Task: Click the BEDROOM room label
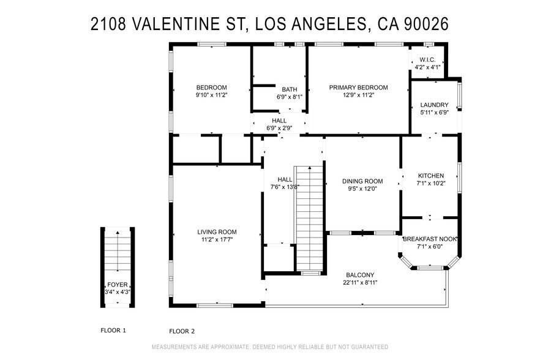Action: pyautogui.click(x=211, y=87)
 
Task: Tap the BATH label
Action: pyautogui.click(x=290, y=89)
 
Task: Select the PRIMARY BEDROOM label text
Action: pyautogui.click(x=358, y=87)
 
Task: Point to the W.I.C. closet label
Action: pyautogui.click(x=427, y=59)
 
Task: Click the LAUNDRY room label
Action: pyautogui.click(x=434, y=105)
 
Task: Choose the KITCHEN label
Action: pyautogui.click(x=430, y=176)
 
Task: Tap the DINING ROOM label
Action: pyautogui.click(x=362, y=181)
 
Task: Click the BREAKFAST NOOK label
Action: pyautogui.click(x=430, y=239)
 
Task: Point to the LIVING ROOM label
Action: pyautogui.click(x=217, y=232)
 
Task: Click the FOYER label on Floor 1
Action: pyautogui.click(x=118, y=285)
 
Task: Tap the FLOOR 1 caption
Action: pyautogui.click(x=113, y=331)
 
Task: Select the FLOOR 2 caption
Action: pyautogui.click(x=182, y=331)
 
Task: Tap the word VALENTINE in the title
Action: pyautogui.click(x=172, y=24)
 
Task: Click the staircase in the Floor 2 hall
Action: pyautogui.click(x=309, y=217)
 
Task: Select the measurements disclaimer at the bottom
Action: pyautogui.click(x=270, y=347)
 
